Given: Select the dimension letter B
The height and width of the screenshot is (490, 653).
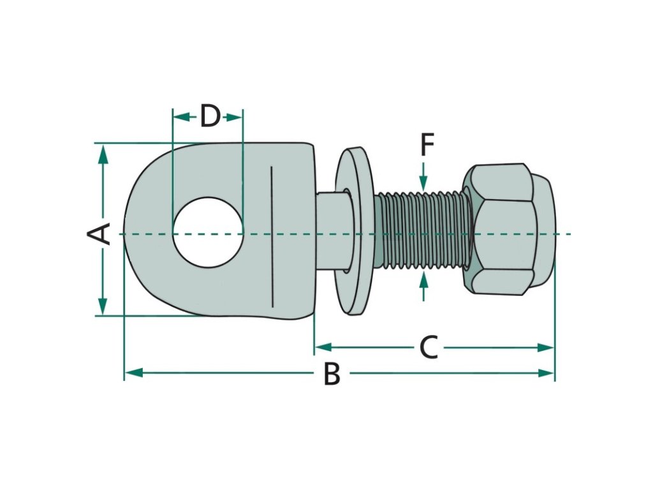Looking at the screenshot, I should coord(332,374).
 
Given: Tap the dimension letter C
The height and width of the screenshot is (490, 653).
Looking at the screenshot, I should coord(429,348).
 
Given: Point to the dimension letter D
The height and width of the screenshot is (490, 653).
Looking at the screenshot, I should coord(210,117).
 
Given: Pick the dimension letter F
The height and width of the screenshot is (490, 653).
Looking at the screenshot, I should coord(427,145).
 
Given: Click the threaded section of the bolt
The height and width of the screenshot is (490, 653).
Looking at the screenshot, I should coord(421,231).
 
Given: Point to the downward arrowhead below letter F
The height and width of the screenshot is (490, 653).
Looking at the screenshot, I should coord(425,181).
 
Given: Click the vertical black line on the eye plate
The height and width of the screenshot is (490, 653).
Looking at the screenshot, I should coord(272,236).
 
